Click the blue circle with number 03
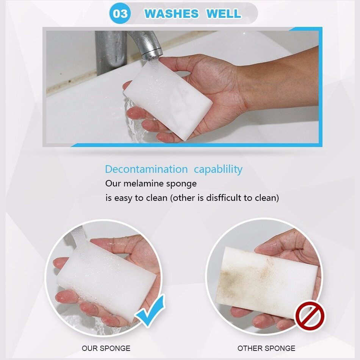(x=120, y=13)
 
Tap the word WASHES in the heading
(x=171, y=14)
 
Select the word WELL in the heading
(x=224, y=14)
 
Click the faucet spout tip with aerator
(x=152, y=54)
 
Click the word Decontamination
(x=146, y=169)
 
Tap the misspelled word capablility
(x=218, y=170)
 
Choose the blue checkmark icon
(x=150, y=310)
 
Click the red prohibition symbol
(x=310, y=316)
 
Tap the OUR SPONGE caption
(x=106, y=348)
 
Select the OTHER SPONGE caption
(x=266, y=348)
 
